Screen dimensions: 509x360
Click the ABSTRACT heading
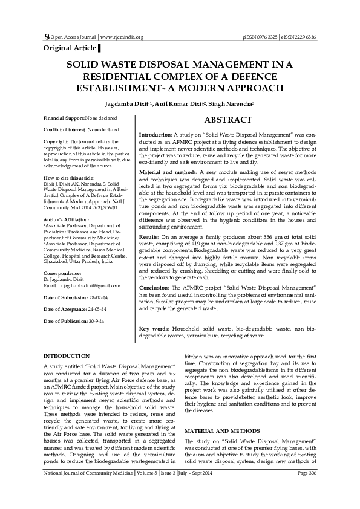[x=228, y=120]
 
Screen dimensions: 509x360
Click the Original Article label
[x=70, y=47]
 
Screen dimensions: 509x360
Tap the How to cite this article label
[x=69, y=178]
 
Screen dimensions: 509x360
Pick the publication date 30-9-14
[x=94, y=320]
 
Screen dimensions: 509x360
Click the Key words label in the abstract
[x=154, y=328]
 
